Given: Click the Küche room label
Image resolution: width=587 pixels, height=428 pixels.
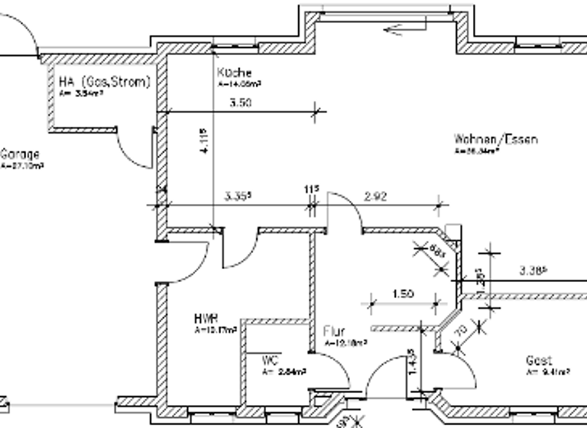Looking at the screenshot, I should pyautogui.click(x=234, y=73).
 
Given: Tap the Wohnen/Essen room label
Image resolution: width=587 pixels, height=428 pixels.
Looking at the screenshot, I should pyautogui.click(x=496, y=140).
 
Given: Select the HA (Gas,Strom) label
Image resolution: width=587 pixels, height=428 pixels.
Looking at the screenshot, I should pyautogui.click(x=104, y=82).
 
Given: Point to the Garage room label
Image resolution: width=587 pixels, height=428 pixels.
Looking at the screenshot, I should pyautogui.click(x=19, y=154).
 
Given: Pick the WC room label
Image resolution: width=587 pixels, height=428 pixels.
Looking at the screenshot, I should pyautogui.click(x=268, y=359).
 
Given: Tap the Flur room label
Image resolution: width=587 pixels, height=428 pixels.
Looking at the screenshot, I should pyautogui.click(x=334, y=332).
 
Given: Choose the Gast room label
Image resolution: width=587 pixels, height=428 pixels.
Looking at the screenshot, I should pyautogui.click(x=538, y=360).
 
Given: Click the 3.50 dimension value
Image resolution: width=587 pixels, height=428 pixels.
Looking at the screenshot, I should pyautogui.click(x=240, y=103).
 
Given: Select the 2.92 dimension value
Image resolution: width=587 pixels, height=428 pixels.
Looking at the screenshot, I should pyautogui.click(x=375, y=196).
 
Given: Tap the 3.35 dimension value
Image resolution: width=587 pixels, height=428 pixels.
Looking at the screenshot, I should pyautogui.click(x=238, y=196).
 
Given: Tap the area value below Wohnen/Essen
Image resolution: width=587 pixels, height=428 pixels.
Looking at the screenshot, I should pyautogui.click(x=478, y=151).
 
